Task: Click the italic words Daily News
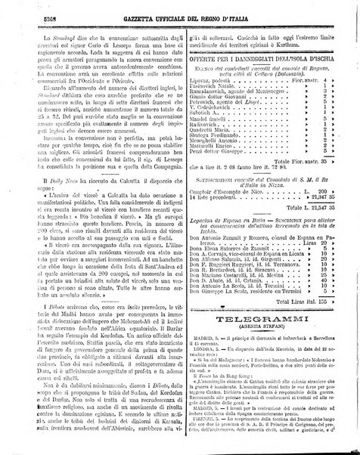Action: coord(46,183)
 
